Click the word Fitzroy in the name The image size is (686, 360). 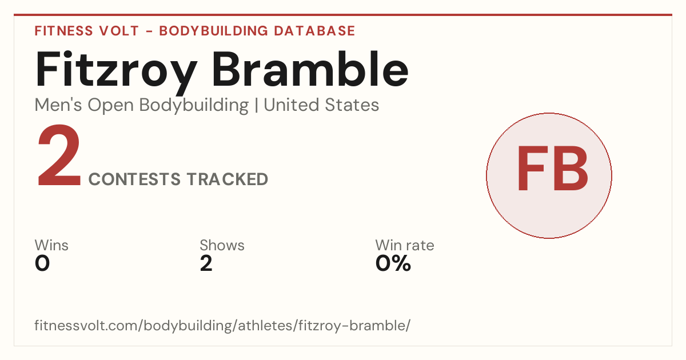pyautogui.click(x=115, y=72)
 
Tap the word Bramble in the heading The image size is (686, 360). pyautogui.click(x=310, y=69)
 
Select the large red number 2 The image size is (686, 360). pyautogui.click(x=59, y=155)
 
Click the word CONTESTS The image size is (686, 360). pyautogui.click(x=134, y=179)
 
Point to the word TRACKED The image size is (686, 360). pyautogui.click(x=228, y=179)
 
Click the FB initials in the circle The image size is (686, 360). pyautogui.click(x=552, y=168)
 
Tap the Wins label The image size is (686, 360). pyautogui.click(x=51, y=245)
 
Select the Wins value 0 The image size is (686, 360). pyautogui.click(x=42, y=263)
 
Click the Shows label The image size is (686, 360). pyautogui.click(x=222, y=245)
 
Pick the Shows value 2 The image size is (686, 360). pyautogui.click(x=206, y=263)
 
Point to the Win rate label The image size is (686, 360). pyautogui.click(x=405, y=245)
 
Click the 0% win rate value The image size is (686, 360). pyautogui.click(x=393, y=263)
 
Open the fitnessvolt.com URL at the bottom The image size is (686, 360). pyautogui.click(x=222, y=325)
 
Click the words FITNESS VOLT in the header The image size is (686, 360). pyautogui.click(x=87, y=31)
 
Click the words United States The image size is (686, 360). pyautogui.click(x=321, y=105)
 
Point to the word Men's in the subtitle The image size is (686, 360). pyautogui.click(x=58, y=105)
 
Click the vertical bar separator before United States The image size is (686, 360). pyautogui.click(x=256, y=106)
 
